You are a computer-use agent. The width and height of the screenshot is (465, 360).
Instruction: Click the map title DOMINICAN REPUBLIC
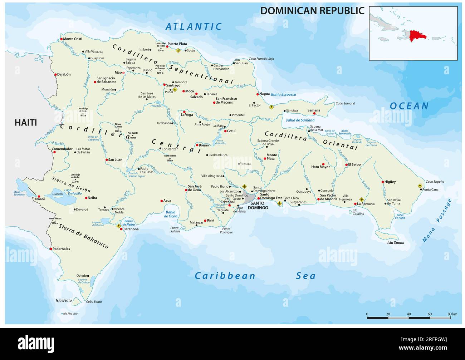[312, 11]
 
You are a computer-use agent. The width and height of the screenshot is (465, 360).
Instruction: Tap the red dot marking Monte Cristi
[62, 39]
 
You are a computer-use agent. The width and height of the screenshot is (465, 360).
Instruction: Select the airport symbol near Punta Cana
[420, 186]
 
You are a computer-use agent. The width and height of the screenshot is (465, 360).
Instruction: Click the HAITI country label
[25, 123]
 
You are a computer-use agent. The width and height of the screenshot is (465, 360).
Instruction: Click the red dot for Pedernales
[51, 249]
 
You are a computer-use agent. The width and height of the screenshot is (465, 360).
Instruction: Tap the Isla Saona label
[396, 243]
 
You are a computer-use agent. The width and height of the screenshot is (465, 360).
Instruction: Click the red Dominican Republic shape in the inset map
[417, 35]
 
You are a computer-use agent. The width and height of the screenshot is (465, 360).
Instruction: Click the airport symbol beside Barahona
[119, 226]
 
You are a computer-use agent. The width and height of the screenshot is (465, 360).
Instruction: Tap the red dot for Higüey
[383, 182]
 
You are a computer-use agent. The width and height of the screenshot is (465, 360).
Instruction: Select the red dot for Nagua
[258, 94]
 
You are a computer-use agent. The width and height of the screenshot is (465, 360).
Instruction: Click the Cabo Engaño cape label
[435, 182]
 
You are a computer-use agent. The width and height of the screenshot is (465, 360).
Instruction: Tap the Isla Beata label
[63, 300]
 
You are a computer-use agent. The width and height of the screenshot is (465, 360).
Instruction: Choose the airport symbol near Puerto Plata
[178, 51]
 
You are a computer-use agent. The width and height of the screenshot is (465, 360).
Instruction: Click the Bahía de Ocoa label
[171, 214]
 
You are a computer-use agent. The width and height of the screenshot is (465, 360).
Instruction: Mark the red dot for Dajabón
[55, 75]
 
